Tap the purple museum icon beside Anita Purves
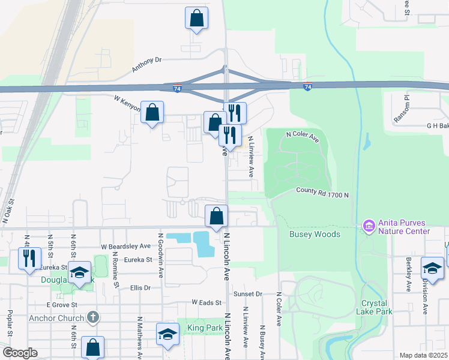[x=369, y=227]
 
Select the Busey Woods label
[x=315, y=234]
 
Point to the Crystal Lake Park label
[x=376, y=307]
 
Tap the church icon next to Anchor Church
[x=92, y=316]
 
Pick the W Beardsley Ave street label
[x=125, y=246]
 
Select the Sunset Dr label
[x=248, y=294]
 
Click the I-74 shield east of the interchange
[x=307, y=87]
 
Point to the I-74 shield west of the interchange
[x=177, y=88]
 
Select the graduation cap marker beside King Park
[x=167, y=334]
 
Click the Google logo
[x=20, y=353]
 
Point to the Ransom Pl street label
[x=406, y=108]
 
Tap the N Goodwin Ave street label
[x=160, y=256]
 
